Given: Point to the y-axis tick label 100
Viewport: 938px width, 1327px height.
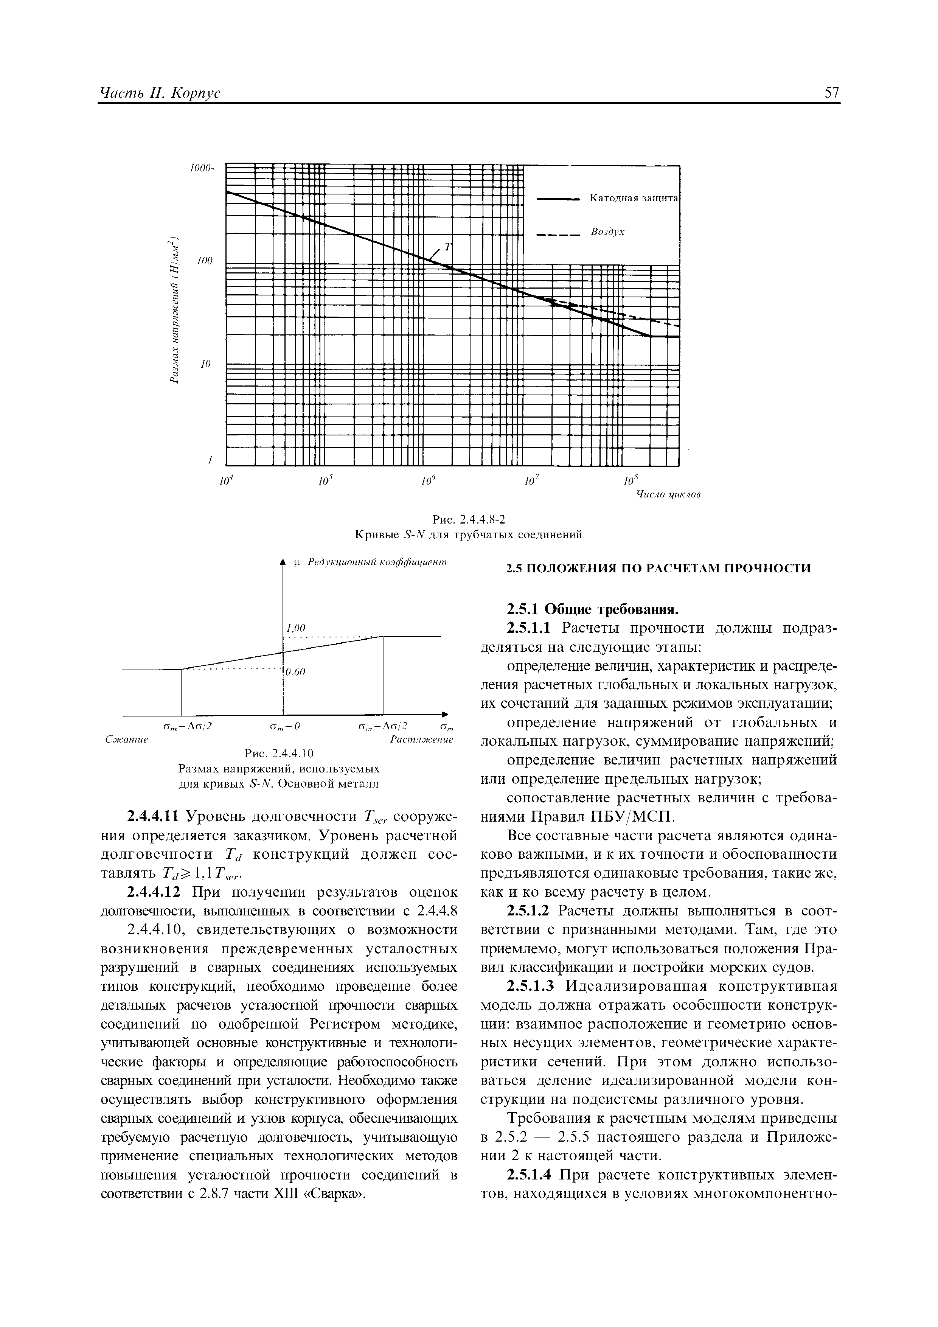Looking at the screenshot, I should tap(205, 261).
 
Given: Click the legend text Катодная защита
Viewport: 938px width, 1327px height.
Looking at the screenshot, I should tap(634, 198).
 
